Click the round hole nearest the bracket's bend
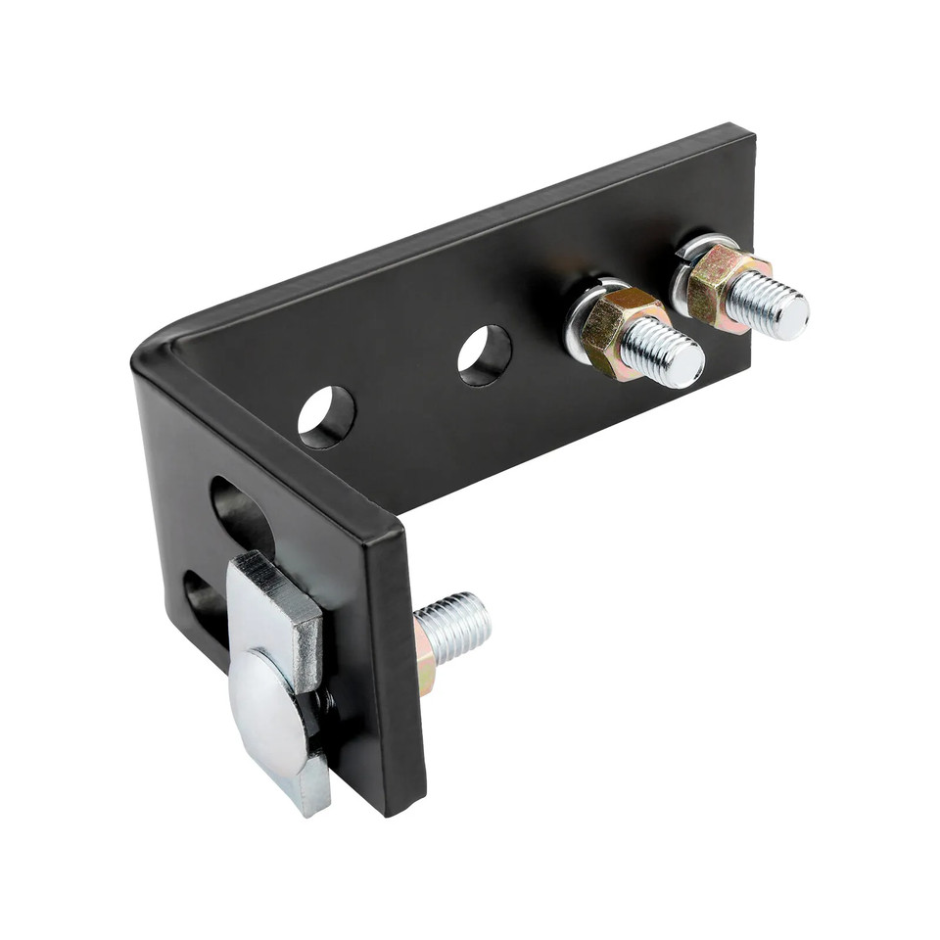tap(326, 416)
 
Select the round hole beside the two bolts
tap(485, 353)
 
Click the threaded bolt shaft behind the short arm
tap(455, 627)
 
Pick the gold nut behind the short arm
tap(424, 658)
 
